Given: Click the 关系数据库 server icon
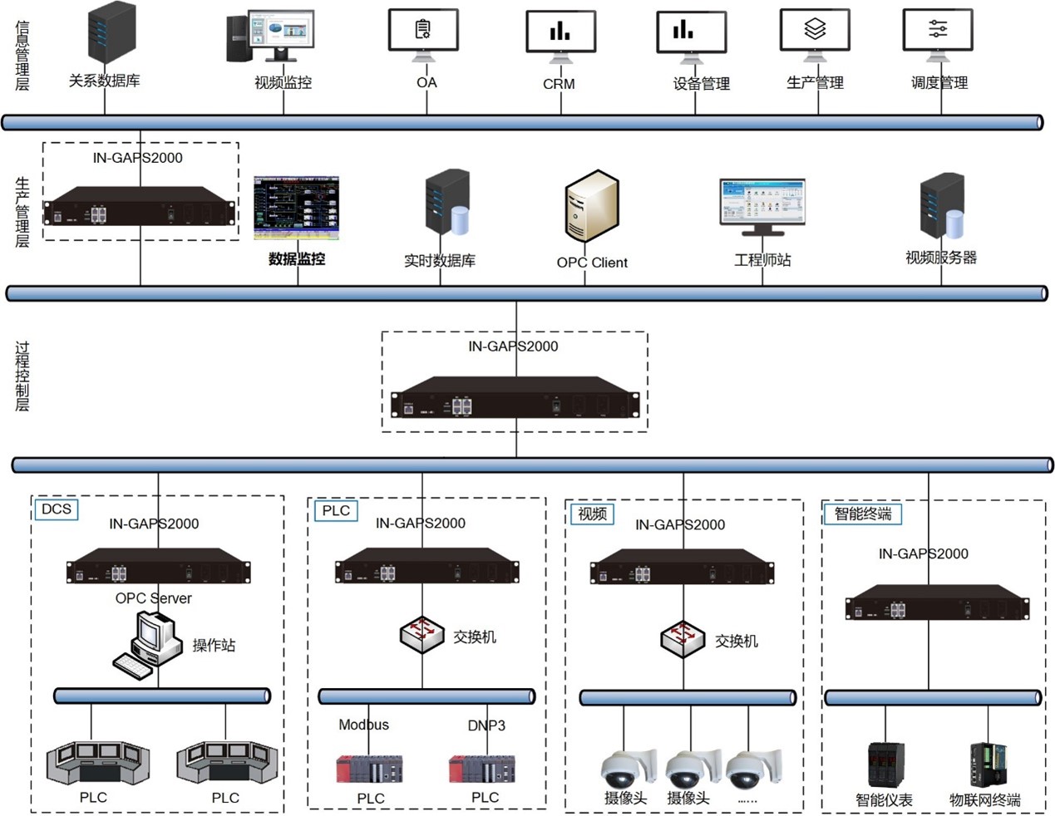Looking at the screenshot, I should (x=111, y=34).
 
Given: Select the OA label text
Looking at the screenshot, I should (x=426, y=82).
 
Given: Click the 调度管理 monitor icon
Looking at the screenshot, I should (x=938, y=33).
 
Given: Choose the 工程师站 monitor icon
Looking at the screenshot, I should (x=762, y=204).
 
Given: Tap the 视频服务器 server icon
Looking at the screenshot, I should (x=942, y=208).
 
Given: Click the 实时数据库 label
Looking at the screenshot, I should (x=439, y=261).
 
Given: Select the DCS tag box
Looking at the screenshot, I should (x=57, y=509).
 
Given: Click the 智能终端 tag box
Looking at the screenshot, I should (x=862, y=514).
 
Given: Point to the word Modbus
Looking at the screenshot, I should (x=363, y=725).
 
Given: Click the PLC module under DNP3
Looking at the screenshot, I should (x=481, y=769).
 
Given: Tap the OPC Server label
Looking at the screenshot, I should (x=153, y=598).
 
